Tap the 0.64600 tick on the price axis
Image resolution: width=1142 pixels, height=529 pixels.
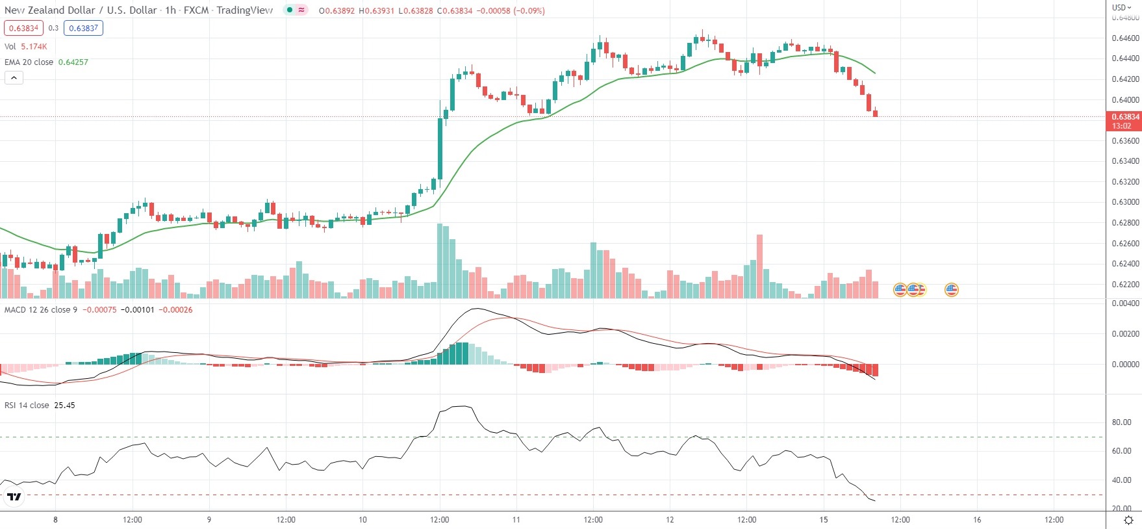click(1125, 38)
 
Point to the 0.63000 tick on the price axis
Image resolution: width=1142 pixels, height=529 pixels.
click(1125, 202)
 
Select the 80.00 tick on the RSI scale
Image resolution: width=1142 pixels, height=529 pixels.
click(1122, 422)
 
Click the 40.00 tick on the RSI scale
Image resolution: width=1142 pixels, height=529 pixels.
click(1122, 480)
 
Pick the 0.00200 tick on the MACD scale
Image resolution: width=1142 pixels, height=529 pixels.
click(1125, 334)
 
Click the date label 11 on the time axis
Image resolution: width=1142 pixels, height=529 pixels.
click(516, 520)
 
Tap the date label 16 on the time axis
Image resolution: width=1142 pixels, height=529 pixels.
click(977, 520)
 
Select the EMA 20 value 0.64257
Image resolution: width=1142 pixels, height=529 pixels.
click(73, 62)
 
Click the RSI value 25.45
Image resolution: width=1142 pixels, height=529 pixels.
click(64, 406)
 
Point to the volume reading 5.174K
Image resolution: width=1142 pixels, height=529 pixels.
click(34, 47)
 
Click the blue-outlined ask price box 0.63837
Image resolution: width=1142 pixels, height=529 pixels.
click(83, 28)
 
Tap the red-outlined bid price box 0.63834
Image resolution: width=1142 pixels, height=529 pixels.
click(23, 28)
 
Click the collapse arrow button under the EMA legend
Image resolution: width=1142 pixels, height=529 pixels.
click(14, 78)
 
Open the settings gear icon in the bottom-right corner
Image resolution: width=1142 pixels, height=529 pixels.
click(1129, 520)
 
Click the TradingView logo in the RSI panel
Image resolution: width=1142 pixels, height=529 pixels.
click(14, 498)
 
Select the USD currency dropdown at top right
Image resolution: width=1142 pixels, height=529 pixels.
click(1121, 8)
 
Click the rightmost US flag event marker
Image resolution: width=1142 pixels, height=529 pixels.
click(951, 290)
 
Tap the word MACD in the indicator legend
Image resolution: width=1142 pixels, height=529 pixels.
click(15, 310)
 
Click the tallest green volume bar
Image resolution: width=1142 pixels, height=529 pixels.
click(440, 261)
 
